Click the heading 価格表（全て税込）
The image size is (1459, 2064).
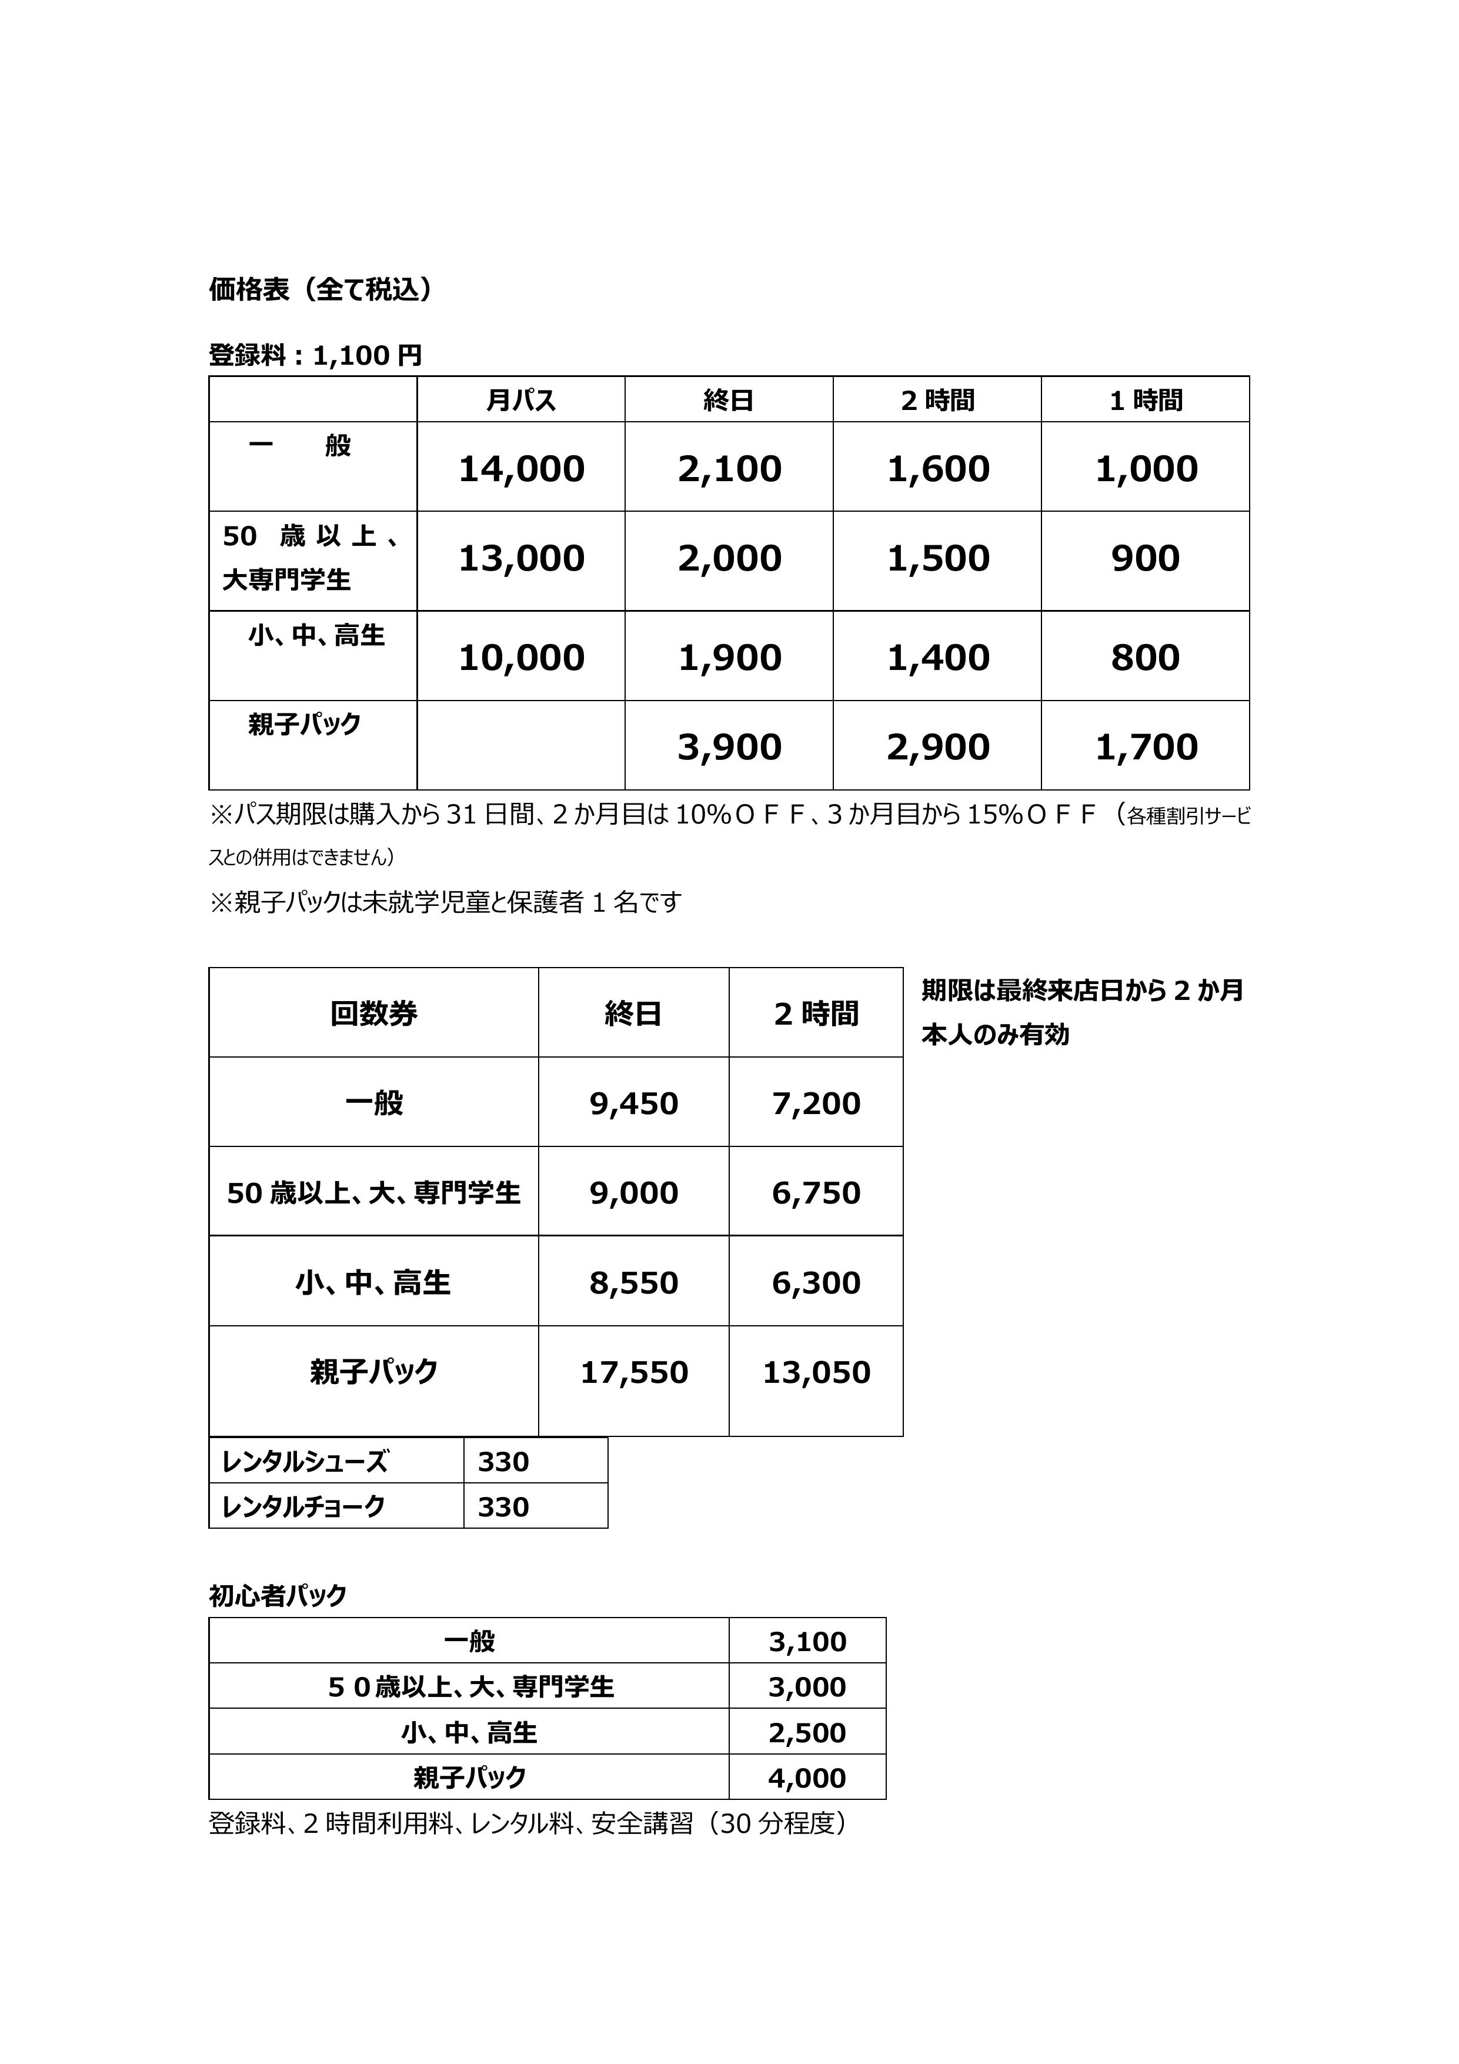click(x=320, y=289)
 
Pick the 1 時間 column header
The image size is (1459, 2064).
click(x=1146, y=400)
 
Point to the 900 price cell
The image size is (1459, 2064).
click(x=1146, y=558)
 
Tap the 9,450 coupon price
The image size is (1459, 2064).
click(x=634, y=1103)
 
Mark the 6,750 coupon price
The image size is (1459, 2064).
click(x=816, y=1193)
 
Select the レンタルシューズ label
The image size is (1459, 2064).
click(x=305, y=1462)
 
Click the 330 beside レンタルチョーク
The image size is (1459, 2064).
click(x=503, y=1506)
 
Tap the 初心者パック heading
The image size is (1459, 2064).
click(x=278, y=1596)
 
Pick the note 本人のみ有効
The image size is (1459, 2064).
click(x=995, y=1035)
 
